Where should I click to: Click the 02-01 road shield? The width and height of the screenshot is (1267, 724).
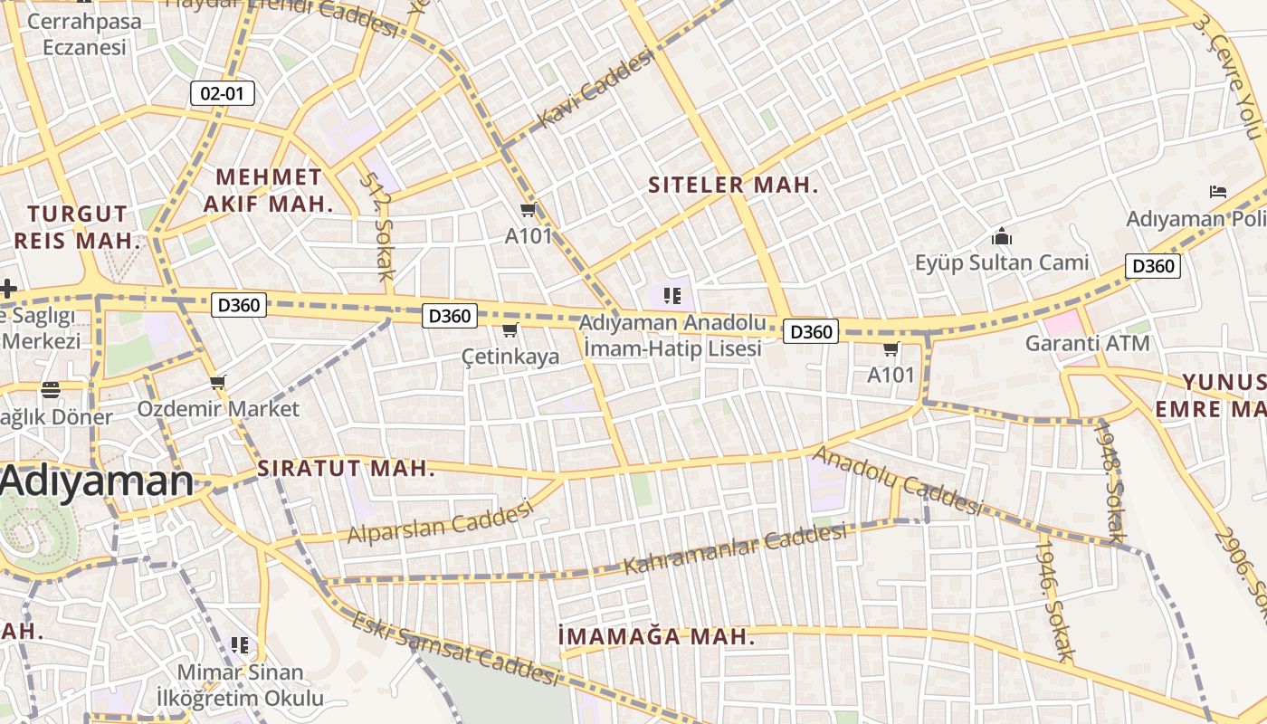pos(223,93)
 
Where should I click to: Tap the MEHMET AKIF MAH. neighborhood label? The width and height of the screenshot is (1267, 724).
pos(269,190)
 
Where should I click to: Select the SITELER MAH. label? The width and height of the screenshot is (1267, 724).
pos(733,186)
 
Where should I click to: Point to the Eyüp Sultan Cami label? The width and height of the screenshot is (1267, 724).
pos(1002,263)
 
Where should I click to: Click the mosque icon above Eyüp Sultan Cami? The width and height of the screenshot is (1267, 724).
pos(1002,237)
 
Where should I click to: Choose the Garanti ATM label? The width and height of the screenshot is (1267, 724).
pos(1087,344)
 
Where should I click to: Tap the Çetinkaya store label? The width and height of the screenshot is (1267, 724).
pos(510,357)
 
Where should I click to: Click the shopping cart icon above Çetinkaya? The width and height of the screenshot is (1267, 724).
pos(510,330)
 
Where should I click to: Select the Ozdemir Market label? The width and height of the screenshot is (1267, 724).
pos(218,408)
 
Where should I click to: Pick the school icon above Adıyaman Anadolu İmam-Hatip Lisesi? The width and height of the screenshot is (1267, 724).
pos(671,295)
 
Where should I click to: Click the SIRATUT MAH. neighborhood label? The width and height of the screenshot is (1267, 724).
pos(347,469)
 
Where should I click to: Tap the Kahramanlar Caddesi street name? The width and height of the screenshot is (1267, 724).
pos(736,548)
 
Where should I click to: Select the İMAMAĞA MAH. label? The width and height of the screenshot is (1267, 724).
pos(656,637)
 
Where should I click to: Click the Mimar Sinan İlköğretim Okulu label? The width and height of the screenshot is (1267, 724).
pos(240,685)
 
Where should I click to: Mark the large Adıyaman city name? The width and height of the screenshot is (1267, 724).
pos(96,481)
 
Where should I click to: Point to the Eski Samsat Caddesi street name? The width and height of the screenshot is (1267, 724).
pos(454,649)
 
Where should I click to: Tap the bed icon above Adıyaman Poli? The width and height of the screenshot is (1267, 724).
pos(1218,192)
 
